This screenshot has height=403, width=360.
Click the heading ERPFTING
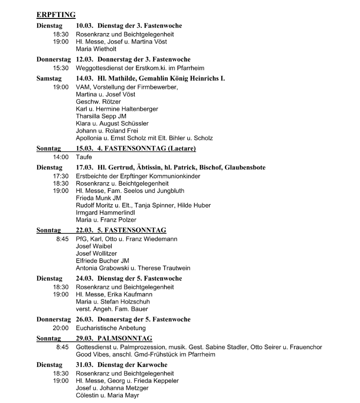tap(56, 15)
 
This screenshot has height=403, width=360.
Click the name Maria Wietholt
tap(97, 49)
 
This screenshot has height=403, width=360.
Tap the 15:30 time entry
tap(61, 68)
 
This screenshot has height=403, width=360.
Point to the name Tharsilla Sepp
tap(96, 116)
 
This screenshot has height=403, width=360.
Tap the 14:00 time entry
tap(61, 157)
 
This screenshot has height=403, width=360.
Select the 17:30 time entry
tap(61, 176)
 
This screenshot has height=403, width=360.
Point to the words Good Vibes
tap(92, 354)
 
